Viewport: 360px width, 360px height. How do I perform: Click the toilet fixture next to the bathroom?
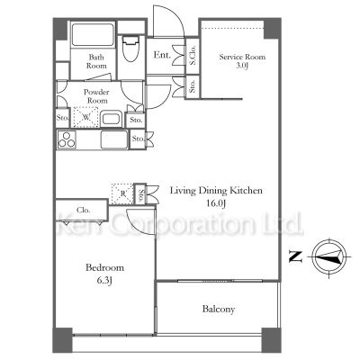tap(130, 49)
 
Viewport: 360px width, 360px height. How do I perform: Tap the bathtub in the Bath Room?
tap(93, 34)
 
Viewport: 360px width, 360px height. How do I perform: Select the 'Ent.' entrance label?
tap(162, 55)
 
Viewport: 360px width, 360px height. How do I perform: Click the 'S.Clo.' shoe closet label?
tap(193, 55)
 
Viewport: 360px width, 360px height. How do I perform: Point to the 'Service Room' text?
tap(242, 57)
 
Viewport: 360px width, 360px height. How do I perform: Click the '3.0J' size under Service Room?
tap(242, 66)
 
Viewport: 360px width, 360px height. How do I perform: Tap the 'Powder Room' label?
tap(96, 96)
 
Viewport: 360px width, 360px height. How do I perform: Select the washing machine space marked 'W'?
tap(86, 117)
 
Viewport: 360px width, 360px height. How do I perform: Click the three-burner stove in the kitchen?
tap(67, 139)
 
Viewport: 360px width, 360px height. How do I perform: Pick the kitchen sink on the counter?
tap(114, 139)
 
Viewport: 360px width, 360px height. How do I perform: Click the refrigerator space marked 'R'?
tap(122, 193)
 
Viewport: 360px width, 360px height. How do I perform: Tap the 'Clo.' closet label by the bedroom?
tap(84, 210)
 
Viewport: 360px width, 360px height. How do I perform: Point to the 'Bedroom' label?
tap(104, 267)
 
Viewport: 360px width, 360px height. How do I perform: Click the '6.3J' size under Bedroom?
tap(104, 281)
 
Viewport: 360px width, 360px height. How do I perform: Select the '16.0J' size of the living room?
tap(216, 203)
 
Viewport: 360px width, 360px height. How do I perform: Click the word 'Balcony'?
tap(219, 309)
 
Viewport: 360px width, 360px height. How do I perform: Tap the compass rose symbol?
tap(329, 257)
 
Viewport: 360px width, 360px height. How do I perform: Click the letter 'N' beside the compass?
tap(295, 256)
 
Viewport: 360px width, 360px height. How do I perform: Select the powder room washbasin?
tap(112, 119)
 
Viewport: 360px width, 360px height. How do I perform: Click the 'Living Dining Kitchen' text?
tap(216, 191)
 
